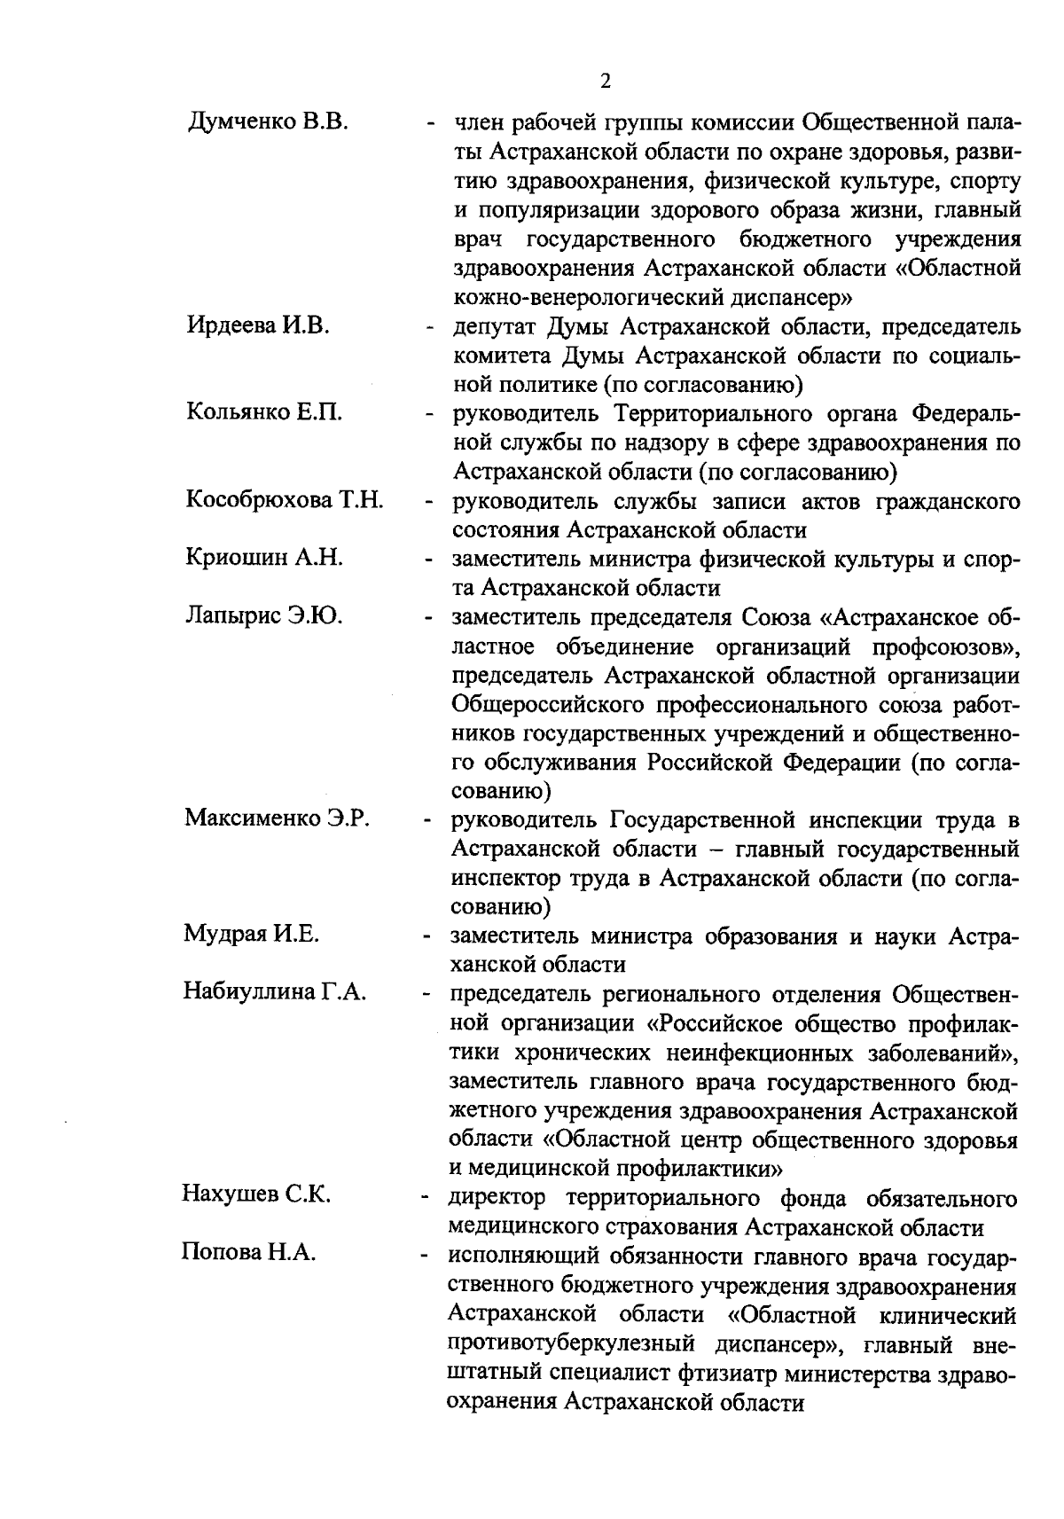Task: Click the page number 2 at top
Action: tap(606, 82)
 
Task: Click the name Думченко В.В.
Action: tap(268, 122)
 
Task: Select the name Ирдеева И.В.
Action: tap(258, 325)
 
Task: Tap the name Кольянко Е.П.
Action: tap(264, 412)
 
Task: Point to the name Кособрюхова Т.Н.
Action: tap(285, 500)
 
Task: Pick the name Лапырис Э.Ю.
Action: tap(264, 615)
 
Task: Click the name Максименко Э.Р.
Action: tap(277, 818)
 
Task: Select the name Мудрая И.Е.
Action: tap(252, 934)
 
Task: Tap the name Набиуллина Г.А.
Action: tap(275, 991)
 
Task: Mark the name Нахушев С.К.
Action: tap(256, 1194)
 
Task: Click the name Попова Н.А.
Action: tap(249, 1252)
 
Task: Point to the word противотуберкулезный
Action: tap(582, 1344)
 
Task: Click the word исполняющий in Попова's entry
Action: tap(528, 1257)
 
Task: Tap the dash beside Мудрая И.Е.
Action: tap(427, 936)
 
